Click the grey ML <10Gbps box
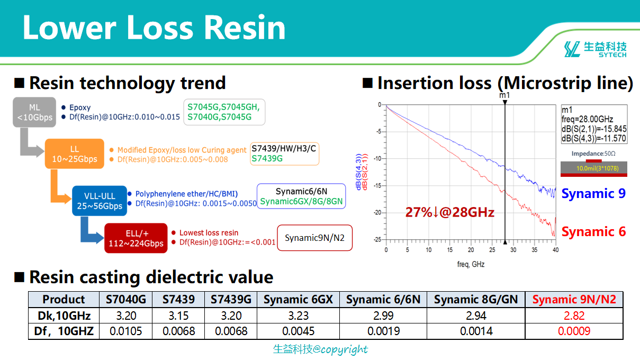click(x=34, y=112)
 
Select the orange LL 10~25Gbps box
click(x=75, y=154)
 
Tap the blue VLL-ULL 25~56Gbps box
click(x=100, y=201)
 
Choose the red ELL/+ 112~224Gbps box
click(x=136, y=238)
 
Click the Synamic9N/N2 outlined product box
click(x=314, y=238)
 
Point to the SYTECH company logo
click(x=595, y=49)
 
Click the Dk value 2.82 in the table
click(x=574, y=316)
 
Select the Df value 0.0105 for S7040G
click(x=125, y=331)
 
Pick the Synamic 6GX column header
click(x=298, y=300)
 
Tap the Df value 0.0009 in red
click(x=574, y=331)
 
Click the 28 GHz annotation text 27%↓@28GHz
click(x=450, y=212)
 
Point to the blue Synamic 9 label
click(x=593, y=193)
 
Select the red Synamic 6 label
click(x=593, y=231)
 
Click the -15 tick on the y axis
click(x=378, y=186)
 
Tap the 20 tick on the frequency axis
click(x=471, y=250)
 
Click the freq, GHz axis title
click(x=471, y=264)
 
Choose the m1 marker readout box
click(x=594, y=124)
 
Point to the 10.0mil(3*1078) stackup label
click(x=598, y=168)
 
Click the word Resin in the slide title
click(x=245, y=28)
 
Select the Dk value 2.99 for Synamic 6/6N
click(x=383, y=316)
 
